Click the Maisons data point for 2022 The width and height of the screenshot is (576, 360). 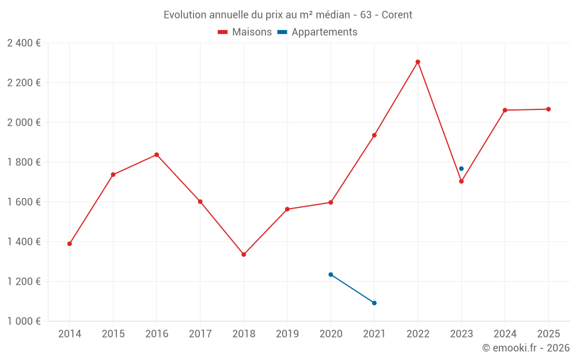(x=418, y=62)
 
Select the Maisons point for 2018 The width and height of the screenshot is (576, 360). (x=244, y=254)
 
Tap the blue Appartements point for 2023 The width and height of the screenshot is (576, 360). (x=461, y=169)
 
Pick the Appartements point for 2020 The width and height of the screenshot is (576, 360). (x=331, y=274)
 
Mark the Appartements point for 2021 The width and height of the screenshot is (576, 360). (x=374, y=303)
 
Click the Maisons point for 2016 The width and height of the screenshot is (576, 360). (x=157, y=154)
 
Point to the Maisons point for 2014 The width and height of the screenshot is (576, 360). (x=70, y=244)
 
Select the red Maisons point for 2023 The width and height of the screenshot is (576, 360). (x=461, y=181)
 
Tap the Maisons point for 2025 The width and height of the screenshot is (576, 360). (x=548, y=109)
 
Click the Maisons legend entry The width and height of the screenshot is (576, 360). (x=245, y=32)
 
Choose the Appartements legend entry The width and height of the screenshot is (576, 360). (x=317, y=32)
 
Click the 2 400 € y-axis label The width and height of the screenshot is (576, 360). (x=24, y=43)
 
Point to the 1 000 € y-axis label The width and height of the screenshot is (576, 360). (x=24, y=321)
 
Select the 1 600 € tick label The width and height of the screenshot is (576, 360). (x=24, y=202)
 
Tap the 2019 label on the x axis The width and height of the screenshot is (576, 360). (x=287, y=334)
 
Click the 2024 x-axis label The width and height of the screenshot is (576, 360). (x=505, y=334)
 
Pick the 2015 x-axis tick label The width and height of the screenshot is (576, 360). (x=113, y=334)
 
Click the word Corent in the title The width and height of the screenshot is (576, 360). (x=397, y=15)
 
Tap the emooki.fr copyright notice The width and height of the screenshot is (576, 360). (x=525, y=348)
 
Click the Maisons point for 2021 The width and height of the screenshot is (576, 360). (x=374, y=135)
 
